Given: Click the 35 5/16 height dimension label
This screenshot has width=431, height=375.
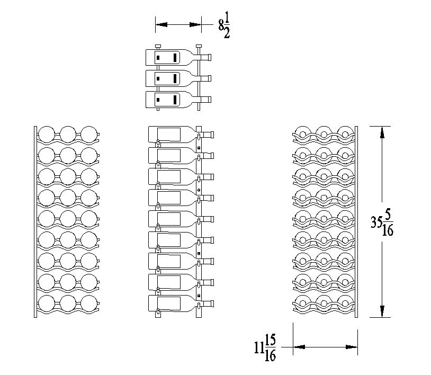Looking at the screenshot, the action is click(x=382, y=222).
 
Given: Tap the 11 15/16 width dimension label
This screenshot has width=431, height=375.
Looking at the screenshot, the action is click(x=265, y=347).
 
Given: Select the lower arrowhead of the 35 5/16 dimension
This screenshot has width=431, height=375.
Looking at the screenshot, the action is click(x=382, y=311).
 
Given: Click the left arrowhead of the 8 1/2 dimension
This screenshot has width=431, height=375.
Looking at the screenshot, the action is click(x=161, y=24).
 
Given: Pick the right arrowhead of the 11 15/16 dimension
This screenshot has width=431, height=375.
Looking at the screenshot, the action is click(x=352, y=347).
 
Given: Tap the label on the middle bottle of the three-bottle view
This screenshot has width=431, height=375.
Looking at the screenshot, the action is click(x=167, y=78).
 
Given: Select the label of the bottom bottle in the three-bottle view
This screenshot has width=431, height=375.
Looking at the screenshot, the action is click(x=167, y=100).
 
